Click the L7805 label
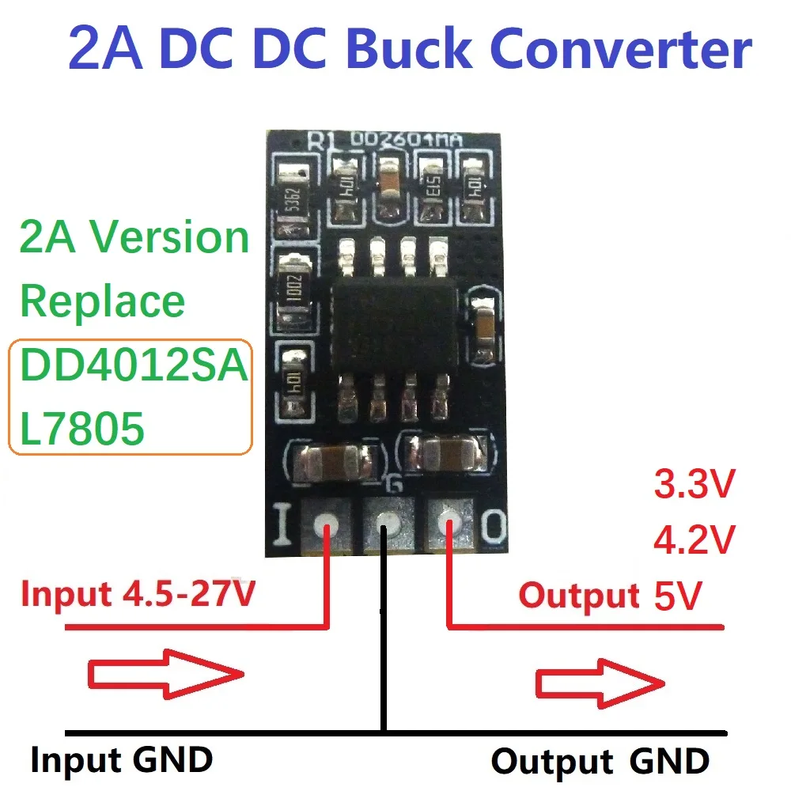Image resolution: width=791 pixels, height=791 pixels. coord(82,429)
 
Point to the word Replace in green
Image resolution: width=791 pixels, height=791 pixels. coord(102,301)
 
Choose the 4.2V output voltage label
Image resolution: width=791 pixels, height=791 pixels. coord(694,540)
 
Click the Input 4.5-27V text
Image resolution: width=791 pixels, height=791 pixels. coord(138,594)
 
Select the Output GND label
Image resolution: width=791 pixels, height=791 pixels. coord(600,761)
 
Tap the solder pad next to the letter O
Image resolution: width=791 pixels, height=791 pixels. coord(448,524)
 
